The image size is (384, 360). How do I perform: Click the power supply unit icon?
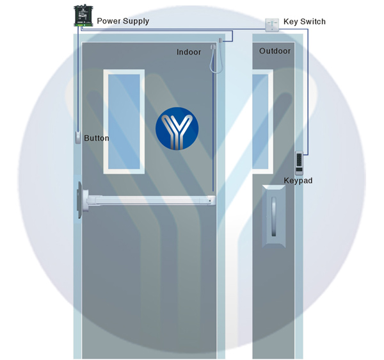[x=83, y=15]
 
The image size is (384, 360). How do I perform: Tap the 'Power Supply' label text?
[x=123, y=21]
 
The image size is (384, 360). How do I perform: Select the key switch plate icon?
[x=272, y=25]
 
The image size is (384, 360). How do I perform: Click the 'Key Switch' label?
[x=305, y=22]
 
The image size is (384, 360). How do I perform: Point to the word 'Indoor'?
[x=189, y=52]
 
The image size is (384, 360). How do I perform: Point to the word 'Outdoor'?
[x=275, y=51]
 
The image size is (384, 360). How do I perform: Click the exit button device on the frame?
[x=77, y=137]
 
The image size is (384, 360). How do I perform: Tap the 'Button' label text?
[x=97, y=138]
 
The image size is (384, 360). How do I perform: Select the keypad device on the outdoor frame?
[x=299, y=163]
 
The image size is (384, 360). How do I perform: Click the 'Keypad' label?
[x=298, y=181]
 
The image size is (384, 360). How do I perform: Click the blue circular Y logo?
[x=177, y=128]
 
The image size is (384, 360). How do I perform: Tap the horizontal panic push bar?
[x=150, y=200]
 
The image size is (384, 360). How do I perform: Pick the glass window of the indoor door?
[x=124, y=122]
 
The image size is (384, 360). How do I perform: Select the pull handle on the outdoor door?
[x=274, y=217]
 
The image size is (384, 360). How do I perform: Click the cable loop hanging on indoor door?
[x=216, y=59]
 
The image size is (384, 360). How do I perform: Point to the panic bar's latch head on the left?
[x=80, y=200]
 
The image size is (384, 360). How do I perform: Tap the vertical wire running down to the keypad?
[x=308, y=92]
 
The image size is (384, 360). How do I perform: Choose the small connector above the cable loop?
[x=220, y=40]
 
